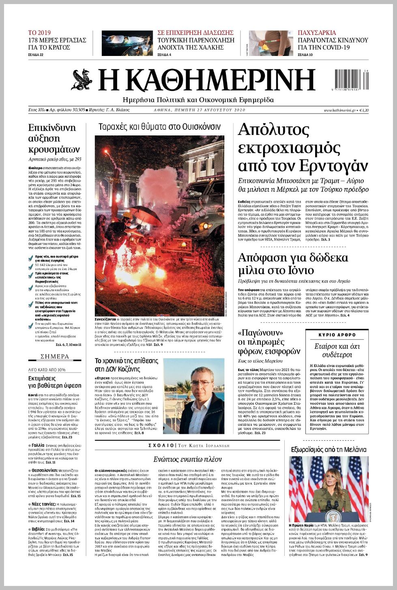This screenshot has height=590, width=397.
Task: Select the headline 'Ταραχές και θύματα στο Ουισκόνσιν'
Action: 159,127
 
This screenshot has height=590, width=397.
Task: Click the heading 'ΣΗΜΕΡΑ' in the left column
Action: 55,356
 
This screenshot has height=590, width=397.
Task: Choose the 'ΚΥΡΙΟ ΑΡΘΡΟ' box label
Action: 337,335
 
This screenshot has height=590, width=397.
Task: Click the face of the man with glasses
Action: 199,383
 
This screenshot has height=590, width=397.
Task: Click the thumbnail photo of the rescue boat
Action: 127,43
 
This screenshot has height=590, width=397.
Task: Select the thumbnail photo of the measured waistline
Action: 270,43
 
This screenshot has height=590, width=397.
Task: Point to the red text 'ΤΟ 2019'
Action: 39,33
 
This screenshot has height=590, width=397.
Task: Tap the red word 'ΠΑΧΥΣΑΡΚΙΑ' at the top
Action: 317,33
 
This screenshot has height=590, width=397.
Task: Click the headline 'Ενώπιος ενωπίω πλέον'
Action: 187,459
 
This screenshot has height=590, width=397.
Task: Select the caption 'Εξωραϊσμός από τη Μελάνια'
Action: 328,449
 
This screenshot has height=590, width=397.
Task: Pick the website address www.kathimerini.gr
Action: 339,110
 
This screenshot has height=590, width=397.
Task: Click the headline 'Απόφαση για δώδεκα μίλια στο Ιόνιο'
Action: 293,264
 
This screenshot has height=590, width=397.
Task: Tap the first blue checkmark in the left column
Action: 31,257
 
